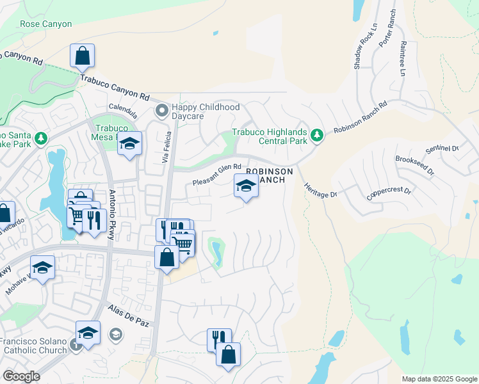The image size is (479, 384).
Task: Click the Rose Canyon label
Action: pyautogui.click(x=46, y=24)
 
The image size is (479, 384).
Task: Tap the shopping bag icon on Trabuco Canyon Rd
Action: pyautogui.click(x=83, y=56)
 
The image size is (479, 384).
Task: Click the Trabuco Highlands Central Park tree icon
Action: pyautogui.click(x=316, y=135)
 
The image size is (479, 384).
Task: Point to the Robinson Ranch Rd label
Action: pyautogui.click(x=361, y=117)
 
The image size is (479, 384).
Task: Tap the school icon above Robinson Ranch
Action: pyautogui.click(x=246, y=187)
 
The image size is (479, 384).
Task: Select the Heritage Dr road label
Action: pyautogui.click(x=316, y=189)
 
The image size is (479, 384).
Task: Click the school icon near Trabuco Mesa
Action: pyautogui.click(x=129, y=143)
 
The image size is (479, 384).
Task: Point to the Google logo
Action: pyautogui.click(x=21, y=376)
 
